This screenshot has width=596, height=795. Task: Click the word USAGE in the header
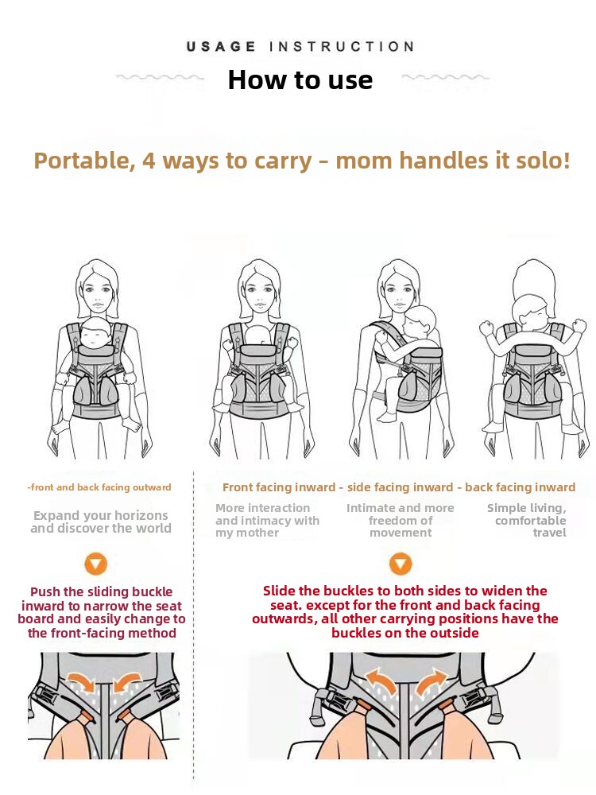(221, 47)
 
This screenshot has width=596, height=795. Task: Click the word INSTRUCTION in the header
(342, 47)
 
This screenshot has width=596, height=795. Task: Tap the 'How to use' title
(300, 80)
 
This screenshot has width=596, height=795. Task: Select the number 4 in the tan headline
(149, 161)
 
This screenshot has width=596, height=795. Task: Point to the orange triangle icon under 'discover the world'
(96, 564)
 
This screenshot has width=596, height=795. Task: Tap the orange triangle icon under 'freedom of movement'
(401, 564)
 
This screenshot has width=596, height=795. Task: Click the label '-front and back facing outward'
(99, 487)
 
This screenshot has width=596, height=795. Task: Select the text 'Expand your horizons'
(101, 515)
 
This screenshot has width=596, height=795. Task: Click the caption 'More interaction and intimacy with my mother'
(267, 520)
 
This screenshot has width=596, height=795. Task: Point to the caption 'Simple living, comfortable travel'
(527, 520)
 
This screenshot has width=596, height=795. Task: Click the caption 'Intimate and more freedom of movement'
(401, 520)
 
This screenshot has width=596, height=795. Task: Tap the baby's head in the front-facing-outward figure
(96, 332)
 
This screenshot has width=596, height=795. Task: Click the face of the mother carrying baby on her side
(399, 295)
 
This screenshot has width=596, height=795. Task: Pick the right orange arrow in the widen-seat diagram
(431, 681)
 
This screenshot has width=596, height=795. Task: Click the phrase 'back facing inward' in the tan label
(520, 487)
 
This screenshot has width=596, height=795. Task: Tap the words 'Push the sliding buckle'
(102, 591)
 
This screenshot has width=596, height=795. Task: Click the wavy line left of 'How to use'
(161, 78)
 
